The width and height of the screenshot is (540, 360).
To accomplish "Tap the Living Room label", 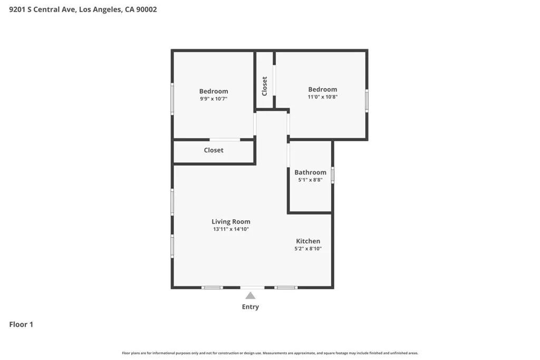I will point(231,222).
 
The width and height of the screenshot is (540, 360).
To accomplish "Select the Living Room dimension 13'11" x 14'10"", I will point(231,229).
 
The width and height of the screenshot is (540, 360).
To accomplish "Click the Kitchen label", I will point(308,241).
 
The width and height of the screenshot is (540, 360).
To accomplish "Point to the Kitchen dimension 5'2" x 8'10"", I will point(308,248).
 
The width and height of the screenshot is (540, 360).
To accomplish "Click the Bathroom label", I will point(310,172).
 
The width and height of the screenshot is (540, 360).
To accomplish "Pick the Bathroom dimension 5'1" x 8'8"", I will point(310,180).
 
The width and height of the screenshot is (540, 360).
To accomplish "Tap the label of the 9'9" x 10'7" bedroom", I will point(214,91).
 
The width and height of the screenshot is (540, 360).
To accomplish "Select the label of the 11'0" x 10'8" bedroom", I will point(323,90).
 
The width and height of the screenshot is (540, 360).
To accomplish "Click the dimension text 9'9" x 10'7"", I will point(214,99).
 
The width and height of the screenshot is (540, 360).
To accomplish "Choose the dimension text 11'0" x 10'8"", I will point(323,97).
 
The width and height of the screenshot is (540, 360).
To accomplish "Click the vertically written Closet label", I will point(265,86).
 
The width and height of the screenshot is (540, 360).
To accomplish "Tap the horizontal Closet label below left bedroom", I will point(214,150).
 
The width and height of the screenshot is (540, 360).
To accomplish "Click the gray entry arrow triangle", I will point(250,296).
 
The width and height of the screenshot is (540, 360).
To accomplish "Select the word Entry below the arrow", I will point(250,307).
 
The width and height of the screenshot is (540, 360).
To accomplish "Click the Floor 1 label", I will point(21,325).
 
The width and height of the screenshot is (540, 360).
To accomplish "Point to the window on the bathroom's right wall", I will point(332,175).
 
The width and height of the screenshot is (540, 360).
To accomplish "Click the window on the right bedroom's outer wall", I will point(367,100).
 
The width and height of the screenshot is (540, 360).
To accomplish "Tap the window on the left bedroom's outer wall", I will point(172,99).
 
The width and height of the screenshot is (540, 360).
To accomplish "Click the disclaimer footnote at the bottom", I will point(270,353).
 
